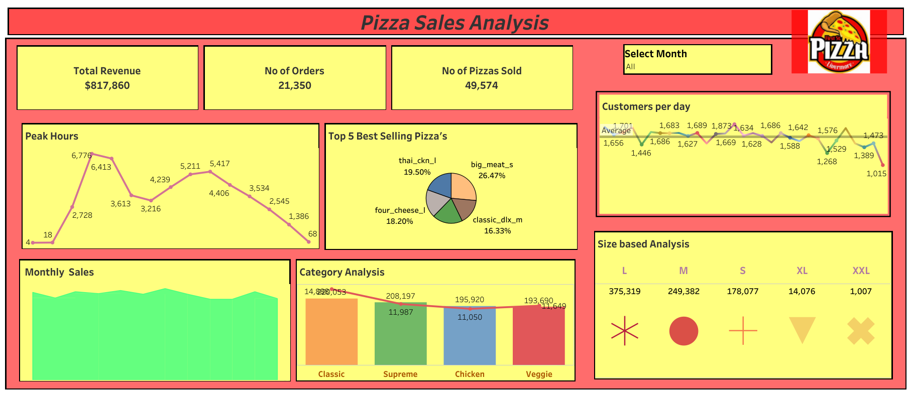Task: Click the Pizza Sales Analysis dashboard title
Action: (454, 23)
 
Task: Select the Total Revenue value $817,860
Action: (107, 86)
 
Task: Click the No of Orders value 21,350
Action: (295, 86)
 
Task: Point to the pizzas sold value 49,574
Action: (482, 86)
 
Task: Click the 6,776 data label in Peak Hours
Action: (81, 156)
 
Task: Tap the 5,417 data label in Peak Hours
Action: (219, 164)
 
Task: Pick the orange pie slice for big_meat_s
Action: (463, 187)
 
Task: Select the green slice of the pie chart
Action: (447, 213)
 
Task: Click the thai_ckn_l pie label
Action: (417, 161)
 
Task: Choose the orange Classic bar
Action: (331, 331)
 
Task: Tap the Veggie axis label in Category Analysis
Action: (539, 374)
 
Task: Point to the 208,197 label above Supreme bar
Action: (400, 296)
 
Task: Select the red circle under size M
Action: (684, 331)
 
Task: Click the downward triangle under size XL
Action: (802, 329)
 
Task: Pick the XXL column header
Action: (861, 271)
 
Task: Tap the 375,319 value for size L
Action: (624, 292)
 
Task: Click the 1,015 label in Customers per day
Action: (876, 174)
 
